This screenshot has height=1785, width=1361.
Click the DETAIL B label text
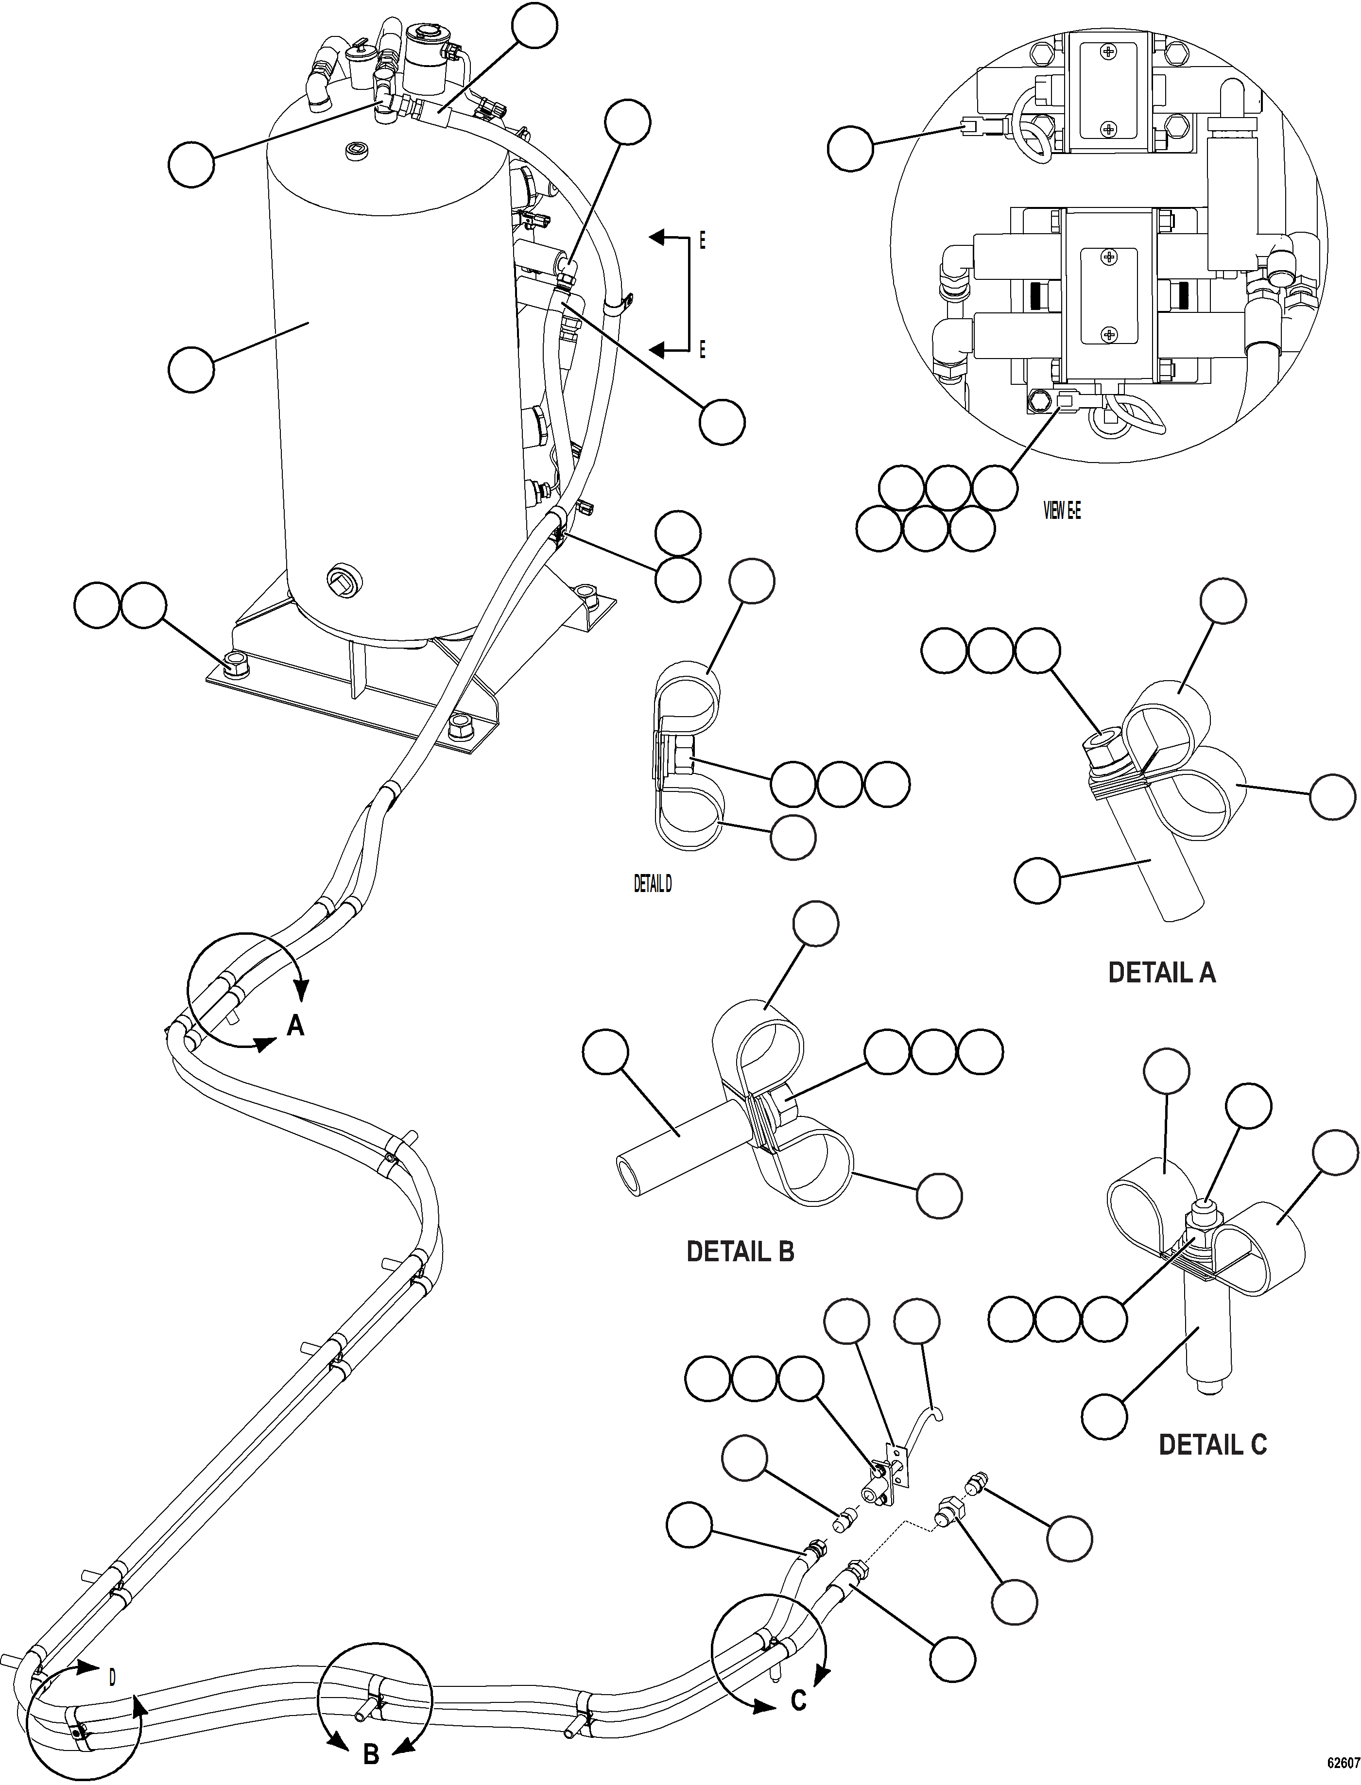pos(740,1251)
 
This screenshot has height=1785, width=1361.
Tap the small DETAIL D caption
pos(652,884)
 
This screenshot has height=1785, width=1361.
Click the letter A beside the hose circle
pos(296,1027)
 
